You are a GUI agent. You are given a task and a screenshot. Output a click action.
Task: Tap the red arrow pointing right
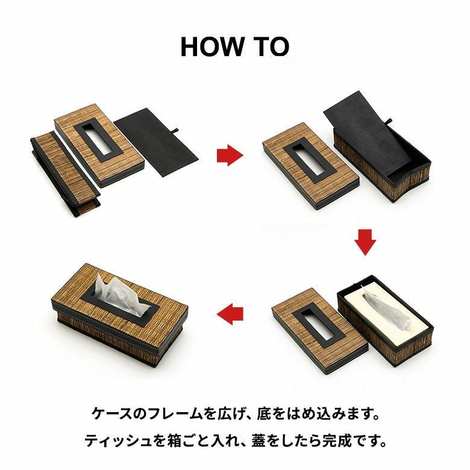click(x=230, y=155)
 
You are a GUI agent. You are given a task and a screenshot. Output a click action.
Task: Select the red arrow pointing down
click(x=365, y=242)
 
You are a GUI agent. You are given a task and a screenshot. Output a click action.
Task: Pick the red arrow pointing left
click(x=230, y=314)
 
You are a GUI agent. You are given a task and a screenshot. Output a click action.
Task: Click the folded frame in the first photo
click(x=66, y=174)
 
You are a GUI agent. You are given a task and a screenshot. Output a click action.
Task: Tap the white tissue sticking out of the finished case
click(x=121, y=295)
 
